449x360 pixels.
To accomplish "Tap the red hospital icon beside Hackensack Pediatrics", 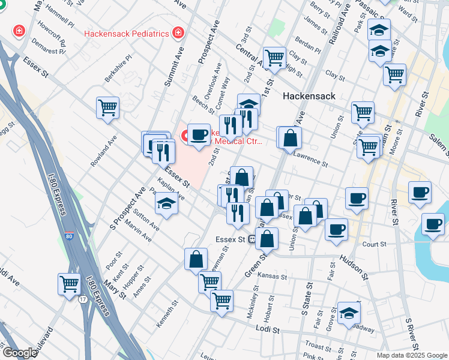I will (x=178, y=32).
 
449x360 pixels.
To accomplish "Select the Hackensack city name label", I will (x=308, y=95).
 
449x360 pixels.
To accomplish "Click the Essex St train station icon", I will (x=253, y=239).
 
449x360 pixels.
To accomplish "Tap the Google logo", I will (x=19, y=353).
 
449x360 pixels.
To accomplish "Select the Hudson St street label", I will (x=352, y=267).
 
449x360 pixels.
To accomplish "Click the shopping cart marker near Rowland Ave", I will (x=108, y=108).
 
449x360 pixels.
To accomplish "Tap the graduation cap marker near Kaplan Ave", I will (x=166, y=205).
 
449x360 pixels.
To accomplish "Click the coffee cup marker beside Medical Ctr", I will (x=199, y=134).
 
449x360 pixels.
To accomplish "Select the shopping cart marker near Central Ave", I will (x=274, y=58).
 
